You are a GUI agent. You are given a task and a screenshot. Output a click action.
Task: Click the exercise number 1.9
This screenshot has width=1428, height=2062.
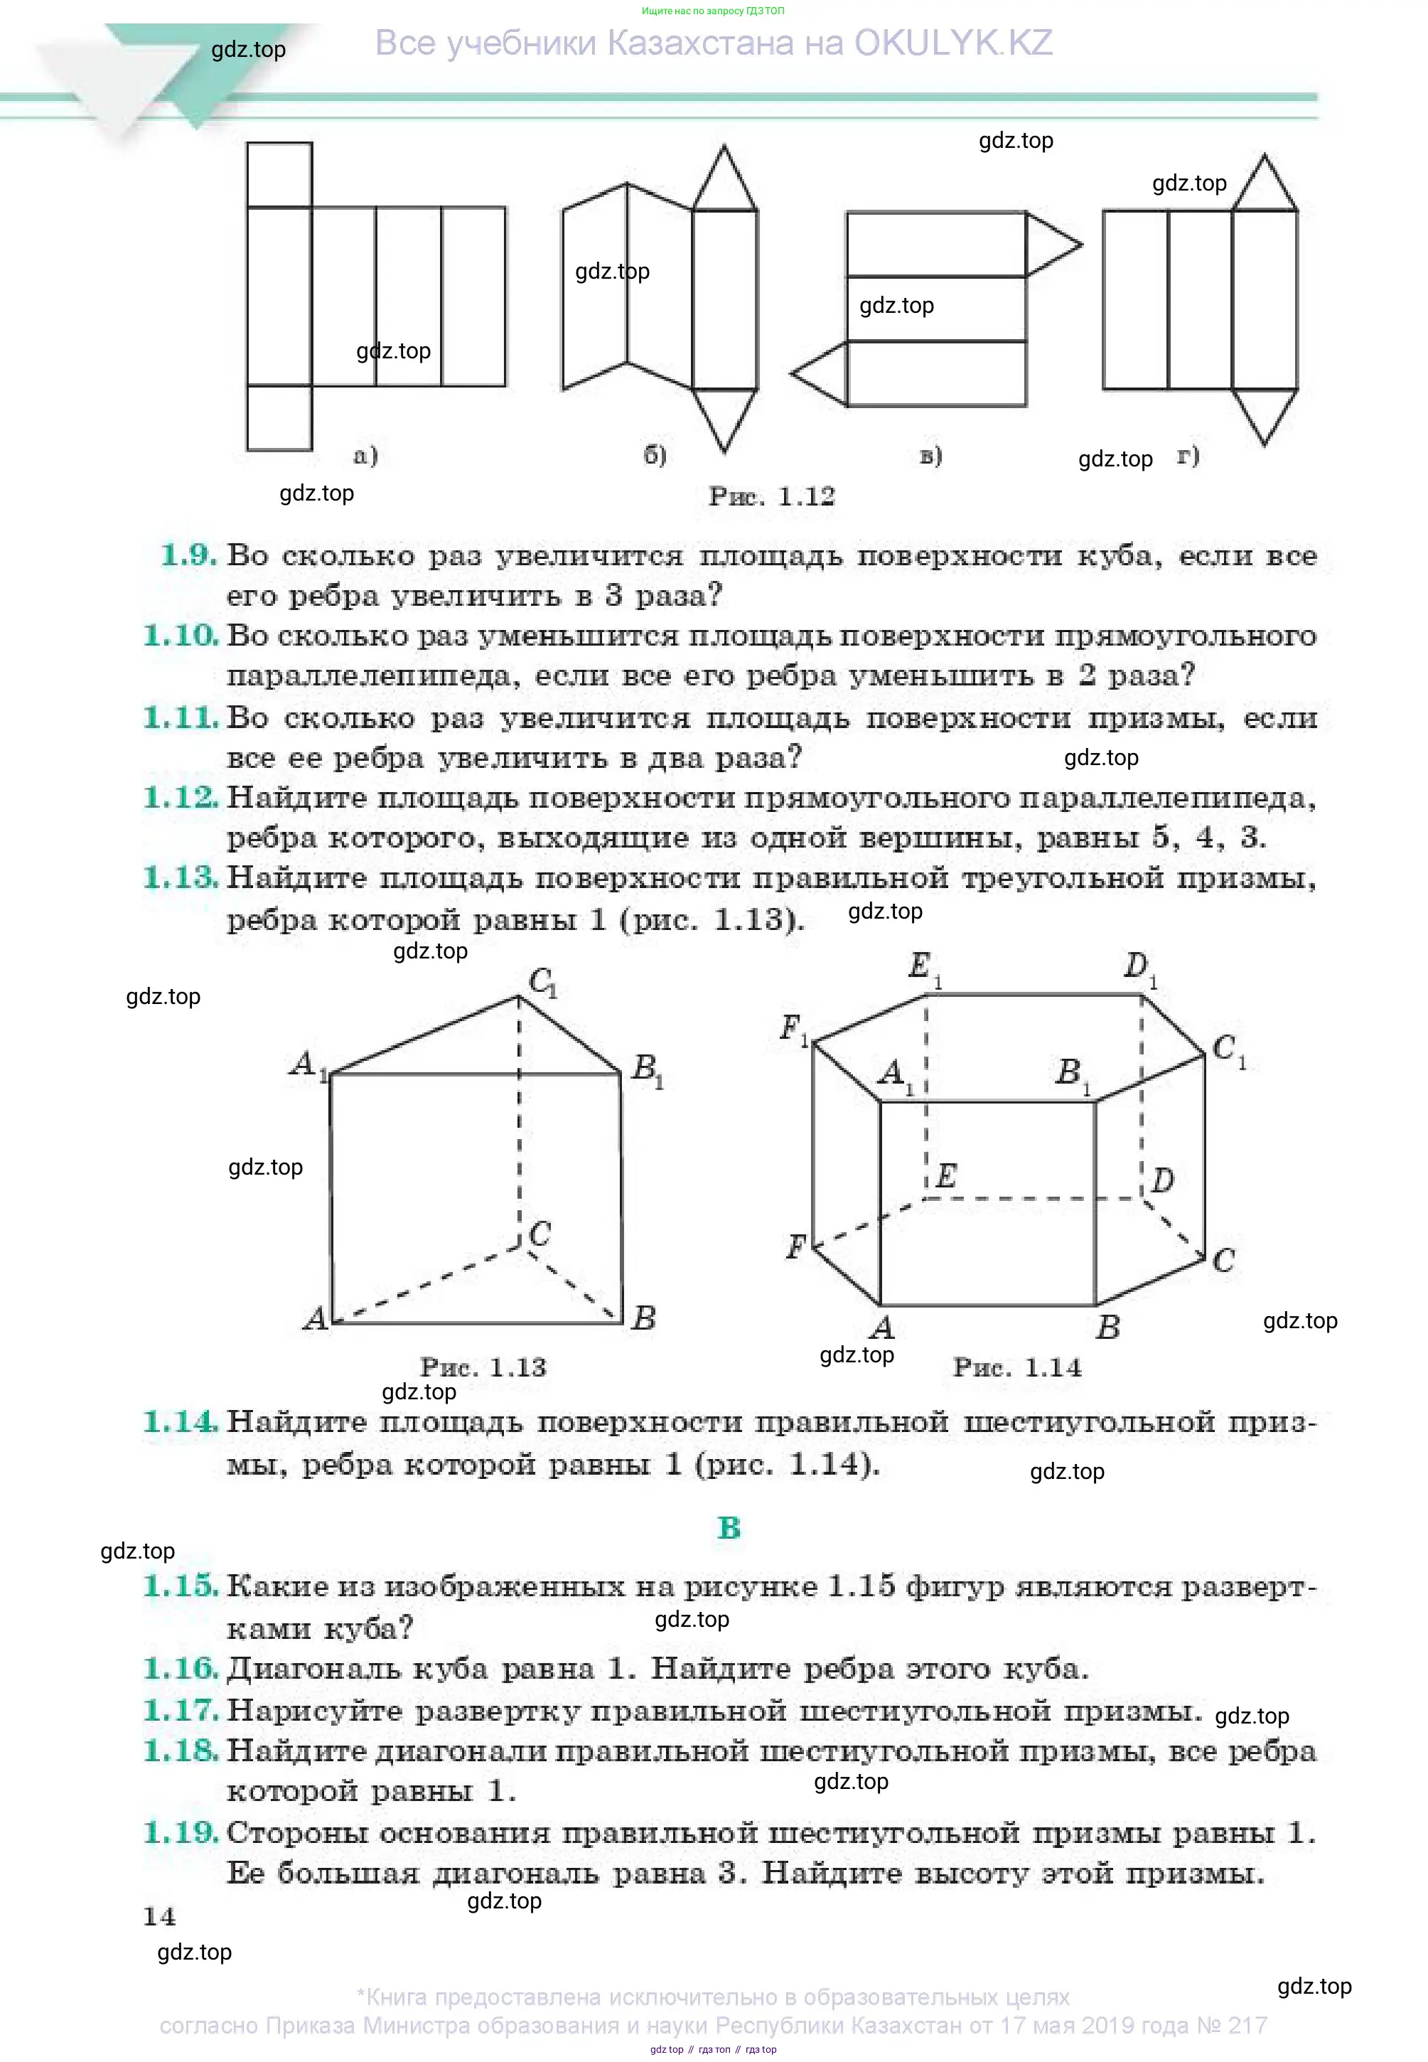click(188, 556)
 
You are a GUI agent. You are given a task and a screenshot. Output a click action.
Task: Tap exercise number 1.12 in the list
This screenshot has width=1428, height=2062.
click(181, 797)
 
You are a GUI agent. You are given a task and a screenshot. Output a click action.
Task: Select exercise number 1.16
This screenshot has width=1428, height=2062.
click(181, 1668)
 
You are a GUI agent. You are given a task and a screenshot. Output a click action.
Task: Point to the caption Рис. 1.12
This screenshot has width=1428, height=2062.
click(771, 497)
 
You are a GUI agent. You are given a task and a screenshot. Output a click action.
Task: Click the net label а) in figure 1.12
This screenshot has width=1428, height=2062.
click(365, 456)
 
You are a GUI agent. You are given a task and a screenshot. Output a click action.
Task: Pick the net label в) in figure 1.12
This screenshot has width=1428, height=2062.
click(930, 456)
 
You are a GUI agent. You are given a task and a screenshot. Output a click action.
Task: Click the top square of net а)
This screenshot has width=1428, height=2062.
click(279, 174)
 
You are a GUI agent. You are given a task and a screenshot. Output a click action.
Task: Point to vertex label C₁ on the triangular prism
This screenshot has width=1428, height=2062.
click(543, 983)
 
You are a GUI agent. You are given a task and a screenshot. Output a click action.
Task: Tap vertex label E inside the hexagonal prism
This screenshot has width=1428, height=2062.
click(946, 1175)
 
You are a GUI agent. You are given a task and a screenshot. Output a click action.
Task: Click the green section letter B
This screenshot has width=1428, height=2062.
click(729, 1528)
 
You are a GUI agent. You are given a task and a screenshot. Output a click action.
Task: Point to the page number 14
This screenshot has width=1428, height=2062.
click(159, 1916)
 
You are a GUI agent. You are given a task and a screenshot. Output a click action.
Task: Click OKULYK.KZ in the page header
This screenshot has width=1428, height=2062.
click(953, 43)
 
